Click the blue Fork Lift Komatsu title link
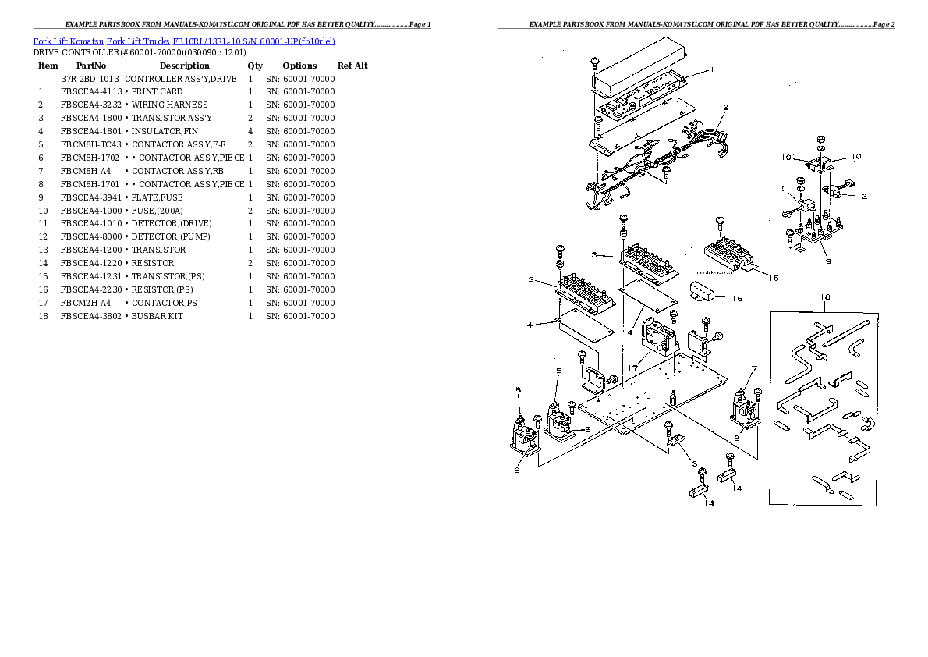click(185, 41)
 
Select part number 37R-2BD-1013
click(90, 79)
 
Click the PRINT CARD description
click(157, 92)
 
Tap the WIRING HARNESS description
click(169, 105)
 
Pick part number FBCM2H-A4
click(86, 303)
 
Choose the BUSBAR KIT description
click(157, 316)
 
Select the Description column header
click(184, 66)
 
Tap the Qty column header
click(255, 66)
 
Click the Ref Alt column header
click(352, 66)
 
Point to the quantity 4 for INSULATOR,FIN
click(250, 131)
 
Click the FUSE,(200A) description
click(157, 211)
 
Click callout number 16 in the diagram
click(737, 299)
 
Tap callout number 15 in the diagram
click(773, 278)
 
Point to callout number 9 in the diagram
click(827, 261)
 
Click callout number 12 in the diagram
click(861, 196)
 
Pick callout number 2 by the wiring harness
click(725, 108)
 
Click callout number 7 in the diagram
click(754, 368)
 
